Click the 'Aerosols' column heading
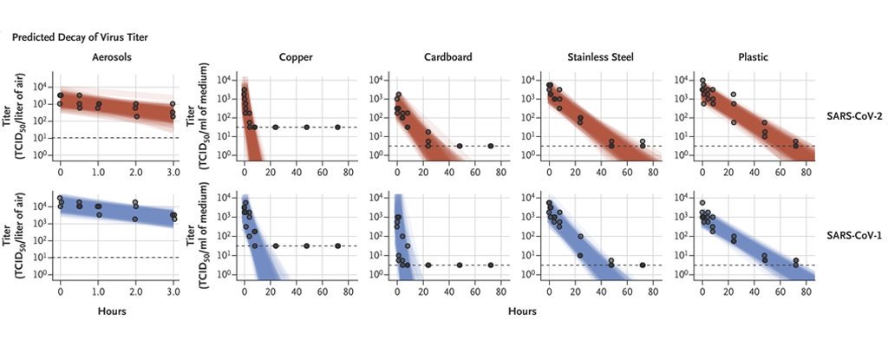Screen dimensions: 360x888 pyautogui.click(x=114, y=57)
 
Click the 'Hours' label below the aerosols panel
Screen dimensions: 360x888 pyautogui.click(x=114, y=311)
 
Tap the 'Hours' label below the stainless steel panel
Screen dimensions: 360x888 pyautogui.click(x=523, y=311)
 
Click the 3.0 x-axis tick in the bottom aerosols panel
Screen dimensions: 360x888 pyautogui.click(x=173, y=292)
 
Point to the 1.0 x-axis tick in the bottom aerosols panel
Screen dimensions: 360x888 pyautogui.click(x=98, y=292)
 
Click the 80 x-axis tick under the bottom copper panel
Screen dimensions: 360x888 pyautogui.click(x=348, y=292)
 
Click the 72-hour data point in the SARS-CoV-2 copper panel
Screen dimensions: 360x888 pyautogui.click(x=337, y=127)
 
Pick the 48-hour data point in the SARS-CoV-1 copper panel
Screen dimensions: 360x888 pyautogui.click(x=306, y=245)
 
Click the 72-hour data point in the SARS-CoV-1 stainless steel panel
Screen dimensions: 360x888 pyautogui.click(x=642, y=265)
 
